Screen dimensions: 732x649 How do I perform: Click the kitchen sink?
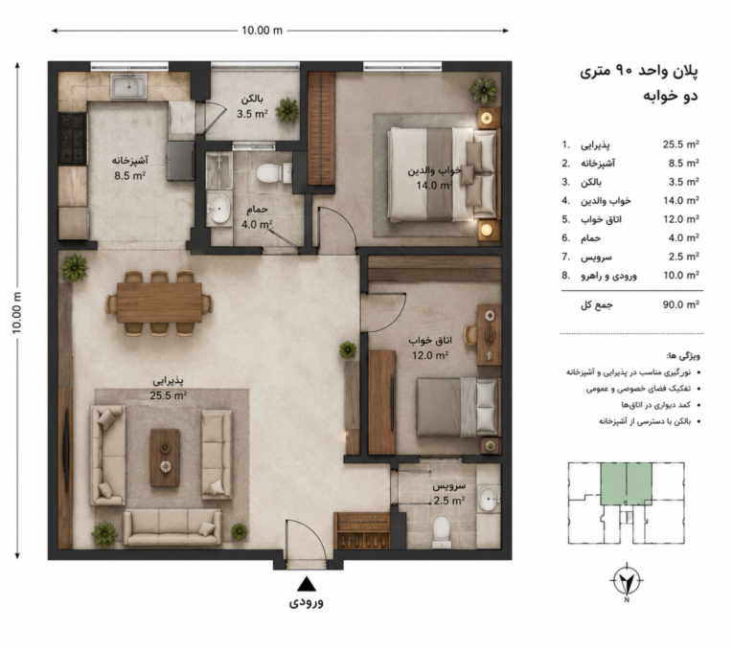128,87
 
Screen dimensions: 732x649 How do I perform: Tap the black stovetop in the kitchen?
73,139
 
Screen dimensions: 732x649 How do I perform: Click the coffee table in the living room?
165,458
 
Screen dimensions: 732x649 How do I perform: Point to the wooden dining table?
160,302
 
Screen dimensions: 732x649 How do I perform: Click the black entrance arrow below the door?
307,584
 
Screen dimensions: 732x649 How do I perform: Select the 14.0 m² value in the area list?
681,201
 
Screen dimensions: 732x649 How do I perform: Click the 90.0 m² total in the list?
681,304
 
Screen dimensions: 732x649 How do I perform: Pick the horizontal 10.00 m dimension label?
262,31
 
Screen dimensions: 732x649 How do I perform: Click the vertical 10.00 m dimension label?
17,313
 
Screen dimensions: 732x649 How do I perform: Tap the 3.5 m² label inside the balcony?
252,113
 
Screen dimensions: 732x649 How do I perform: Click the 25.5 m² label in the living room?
169,395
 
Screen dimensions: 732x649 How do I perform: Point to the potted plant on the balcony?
287,111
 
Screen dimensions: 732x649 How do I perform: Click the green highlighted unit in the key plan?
626,483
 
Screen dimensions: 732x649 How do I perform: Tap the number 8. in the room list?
566,276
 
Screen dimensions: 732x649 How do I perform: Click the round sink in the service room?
489,500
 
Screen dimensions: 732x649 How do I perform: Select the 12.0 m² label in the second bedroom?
430,355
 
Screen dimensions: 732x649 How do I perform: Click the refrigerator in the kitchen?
180,161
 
